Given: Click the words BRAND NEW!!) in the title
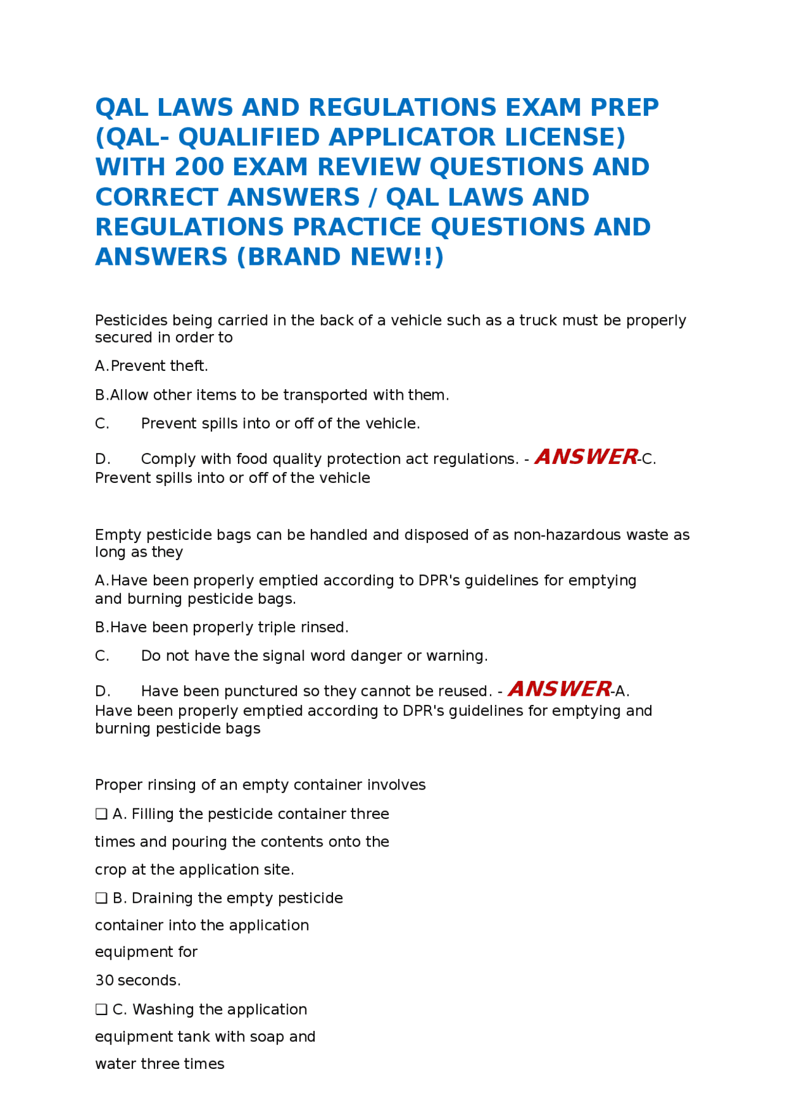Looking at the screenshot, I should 340,257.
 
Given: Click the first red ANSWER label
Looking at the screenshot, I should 586,457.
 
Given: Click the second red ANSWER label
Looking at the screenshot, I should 559,689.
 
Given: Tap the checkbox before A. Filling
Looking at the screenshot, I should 101,814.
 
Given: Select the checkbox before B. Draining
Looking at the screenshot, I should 101,898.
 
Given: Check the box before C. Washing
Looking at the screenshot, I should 101,1009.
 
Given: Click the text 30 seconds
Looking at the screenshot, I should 137,981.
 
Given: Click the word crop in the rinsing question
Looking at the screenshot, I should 110,870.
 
